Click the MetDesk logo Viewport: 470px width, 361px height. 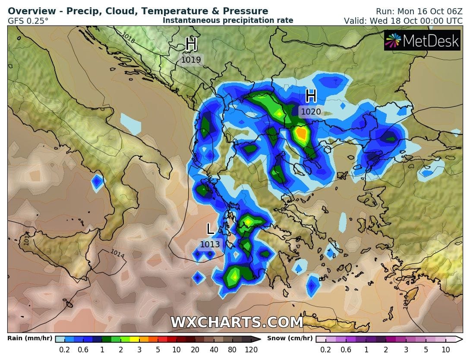(423, 41)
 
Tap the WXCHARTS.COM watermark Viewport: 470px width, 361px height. (237, 322)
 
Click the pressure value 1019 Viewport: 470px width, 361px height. (191, 60)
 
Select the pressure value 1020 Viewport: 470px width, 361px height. (311, 112)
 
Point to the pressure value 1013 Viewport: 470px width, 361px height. (210, 244)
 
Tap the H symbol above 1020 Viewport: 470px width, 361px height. (311, 96)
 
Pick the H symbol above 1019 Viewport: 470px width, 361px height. (191, 44)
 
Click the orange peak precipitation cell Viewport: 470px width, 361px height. (301, 134)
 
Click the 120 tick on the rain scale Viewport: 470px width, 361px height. (251, 350)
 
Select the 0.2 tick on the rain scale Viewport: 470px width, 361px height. (65, 350)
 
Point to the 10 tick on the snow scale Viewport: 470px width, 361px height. (445, 350)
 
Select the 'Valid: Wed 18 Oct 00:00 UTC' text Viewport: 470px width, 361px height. (403, 21)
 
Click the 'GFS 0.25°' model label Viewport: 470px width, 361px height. (28, 21)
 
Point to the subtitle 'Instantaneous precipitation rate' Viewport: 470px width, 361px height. (228, 20)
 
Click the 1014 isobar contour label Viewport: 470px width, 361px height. (117, 254)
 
